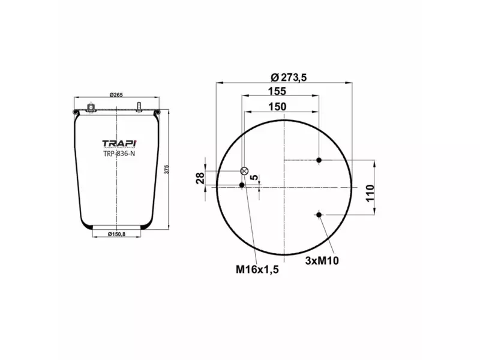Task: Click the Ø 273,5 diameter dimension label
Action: tap(284, 77)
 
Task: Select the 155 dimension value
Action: tap(277, 91)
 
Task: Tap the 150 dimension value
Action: tap(277, 106)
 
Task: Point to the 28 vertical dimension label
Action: tap(200, 178)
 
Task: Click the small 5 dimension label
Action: tap(254, 178)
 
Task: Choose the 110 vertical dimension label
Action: tap(370, 193)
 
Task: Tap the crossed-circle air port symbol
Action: tap(244, 171)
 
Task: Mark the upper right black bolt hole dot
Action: tap(319, 160)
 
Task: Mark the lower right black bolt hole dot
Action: tap(319, 215)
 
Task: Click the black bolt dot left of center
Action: tap(242, 185)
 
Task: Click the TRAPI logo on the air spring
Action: tap(119, 143)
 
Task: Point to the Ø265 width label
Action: tap(116, 94)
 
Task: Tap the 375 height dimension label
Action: tap(166, 170)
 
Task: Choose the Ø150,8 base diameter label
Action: tap(116, 233)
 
